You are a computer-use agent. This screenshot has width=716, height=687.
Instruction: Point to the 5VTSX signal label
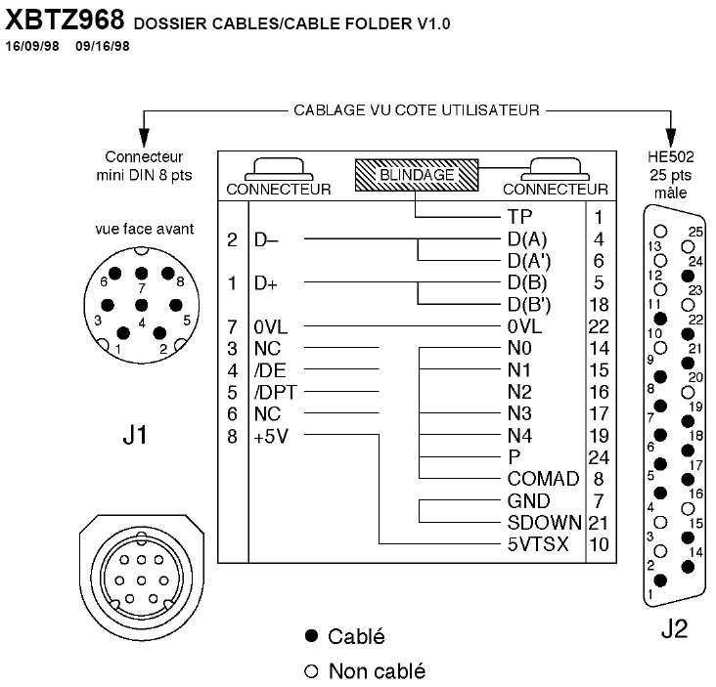point(538,543)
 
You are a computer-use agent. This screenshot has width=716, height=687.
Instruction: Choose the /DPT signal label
point(275,392)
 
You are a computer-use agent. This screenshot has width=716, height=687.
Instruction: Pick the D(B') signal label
point(529,305)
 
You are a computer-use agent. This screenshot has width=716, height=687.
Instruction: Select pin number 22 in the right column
point(599,326)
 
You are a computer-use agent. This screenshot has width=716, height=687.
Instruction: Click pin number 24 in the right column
point(599,456)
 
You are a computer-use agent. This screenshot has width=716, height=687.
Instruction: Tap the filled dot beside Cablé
point(312,637)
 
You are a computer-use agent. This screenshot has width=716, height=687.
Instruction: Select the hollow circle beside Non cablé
point(312,670)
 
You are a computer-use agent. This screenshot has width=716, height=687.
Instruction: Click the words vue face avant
point(143,230)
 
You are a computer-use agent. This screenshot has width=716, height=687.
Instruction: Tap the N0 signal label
point(519,348)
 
